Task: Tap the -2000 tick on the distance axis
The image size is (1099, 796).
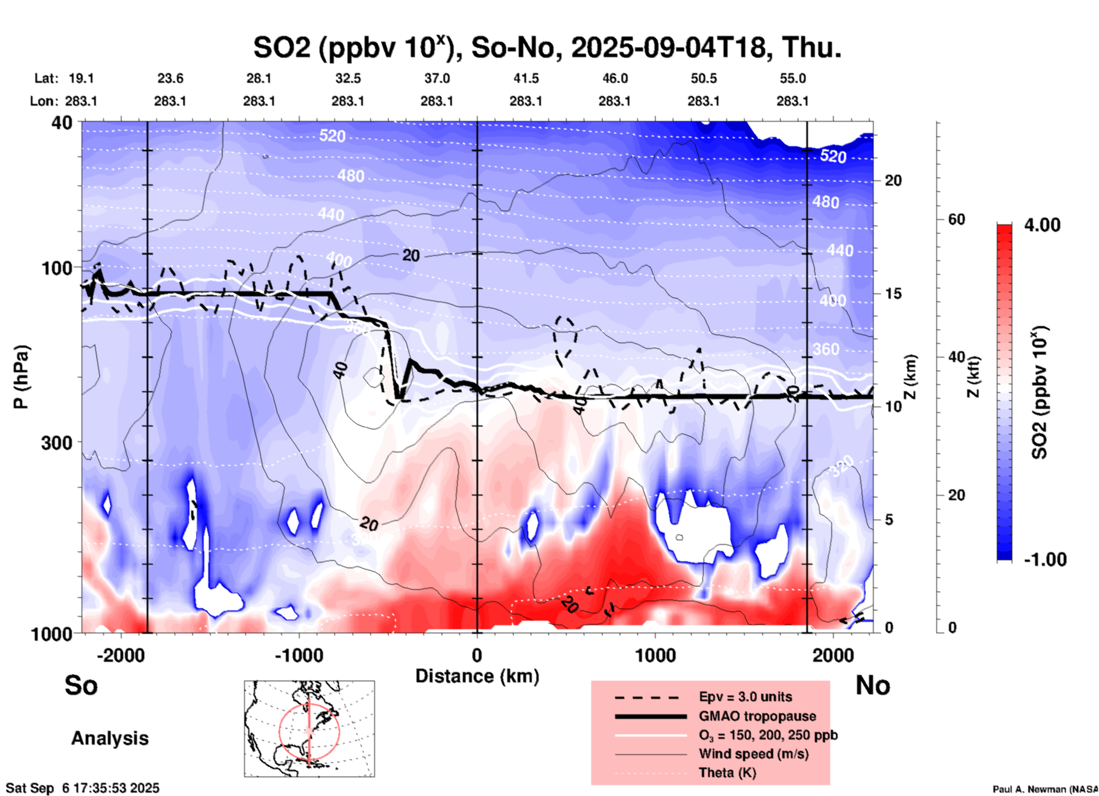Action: (x=120, y=655)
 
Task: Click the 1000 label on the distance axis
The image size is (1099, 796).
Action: (x=655, y=655)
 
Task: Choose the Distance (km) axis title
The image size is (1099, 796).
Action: (x=477, y=676)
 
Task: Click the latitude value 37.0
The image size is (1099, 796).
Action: (x=437, y=78)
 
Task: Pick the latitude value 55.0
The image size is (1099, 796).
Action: (x=793, y=78)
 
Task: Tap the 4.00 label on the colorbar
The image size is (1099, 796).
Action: (x=1042, y=225)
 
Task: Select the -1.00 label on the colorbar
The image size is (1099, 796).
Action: (x=1045, y=560)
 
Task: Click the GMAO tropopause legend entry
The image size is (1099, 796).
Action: (x=757, y=716)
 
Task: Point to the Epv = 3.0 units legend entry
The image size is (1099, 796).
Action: (x=745, y=697)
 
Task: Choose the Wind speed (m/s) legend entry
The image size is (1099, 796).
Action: (x=753, y=754)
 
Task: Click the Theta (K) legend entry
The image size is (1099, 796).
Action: (x=727, y=773)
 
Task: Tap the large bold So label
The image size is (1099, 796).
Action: (x=81, y=685)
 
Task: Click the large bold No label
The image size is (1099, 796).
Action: (x=872, y=685)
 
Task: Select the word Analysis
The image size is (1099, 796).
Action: (x=110, y=738)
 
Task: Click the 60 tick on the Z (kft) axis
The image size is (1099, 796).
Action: (x=956, y=219)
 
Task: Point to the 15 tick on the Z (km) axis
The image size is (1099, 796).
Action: (x=893, y=294)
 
